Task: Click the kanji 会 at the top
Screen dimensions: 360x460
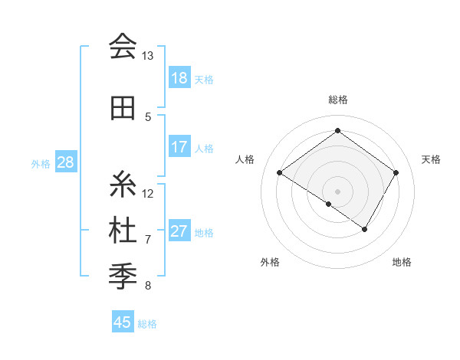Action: [123, 47]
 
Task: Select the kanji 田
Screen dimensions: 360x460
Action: [123, 108]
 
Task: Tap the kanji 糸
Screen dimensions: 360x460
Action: [123, 185]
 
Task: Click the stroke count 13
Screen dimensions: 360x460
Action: [147, 56]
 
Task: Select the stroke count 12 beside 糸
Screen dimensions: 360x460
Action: [148, 193]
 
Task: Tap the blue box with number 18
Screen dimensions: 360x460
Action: [179, 78]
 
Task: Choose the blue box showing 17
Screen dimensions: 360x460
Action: [179, 147]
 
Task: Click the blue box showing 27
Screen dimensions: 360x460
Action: [179, 231]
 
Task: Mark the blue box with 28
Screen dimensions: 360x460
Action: [65, 162]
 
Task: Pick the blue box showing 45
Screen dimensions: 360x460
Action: [123, 322]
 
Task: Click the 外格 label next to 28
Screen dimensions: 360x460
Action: [40, 163]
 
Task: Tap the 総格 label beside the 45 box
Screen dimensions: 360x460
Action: [147, 324]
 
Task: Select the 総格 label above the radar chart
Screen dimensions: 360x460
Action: [337, 100]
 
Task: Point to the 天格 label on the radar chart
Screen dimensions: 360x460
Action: [432, 159]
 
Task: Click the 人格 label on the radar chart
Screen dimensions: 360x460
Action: [245, 159]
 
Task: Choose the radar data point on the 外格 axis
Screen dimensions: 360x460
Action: [329, 204]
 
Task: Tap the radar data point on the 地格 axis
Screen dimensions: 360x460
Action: [365, 229]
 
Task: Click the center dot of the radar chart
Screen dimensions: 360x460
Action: [337, 191]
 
